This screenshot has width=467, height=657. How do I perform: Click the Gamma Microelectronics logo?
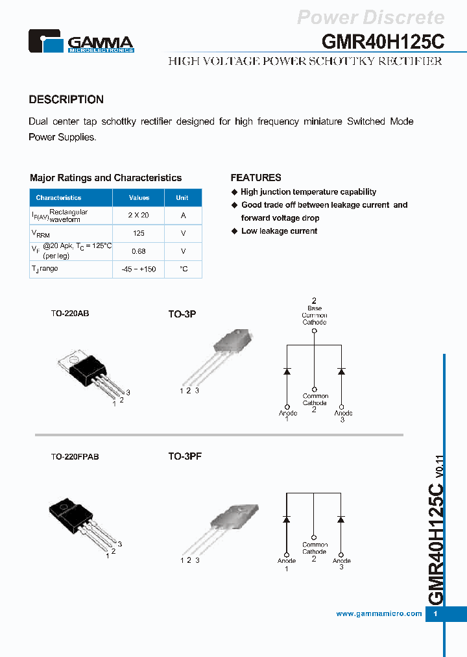[x=81, y=42]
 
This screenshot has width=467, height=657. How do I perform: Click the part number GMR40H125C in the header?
[x=383, y=41]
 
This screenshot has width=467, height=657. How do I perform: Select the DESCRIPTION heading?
[x=66, y=99]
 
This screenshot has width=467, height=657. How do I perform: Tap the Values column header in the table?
[x=139, y=197]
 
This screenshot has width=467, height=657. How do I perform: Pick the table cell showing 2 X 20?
[x=139, y=215]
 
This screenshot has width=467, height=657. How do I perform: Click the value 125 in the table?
[x=139, y=233]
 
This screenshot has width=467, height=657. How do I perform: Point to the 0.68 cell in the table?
[x=139, y=251]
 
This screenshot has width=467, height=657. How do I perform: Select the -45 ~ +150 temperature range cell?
[x=139, y=269]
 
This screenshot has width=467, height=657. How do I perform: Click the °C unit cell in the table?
[x=184, y=269]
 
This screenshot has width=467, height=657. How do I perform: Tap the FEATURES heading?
[x=256, y=177]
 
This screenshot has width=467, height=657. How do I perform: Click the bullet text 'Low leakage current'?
[x=279, y=231]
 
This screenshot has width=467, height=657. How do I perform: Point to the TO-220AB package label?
[x=70, y=313]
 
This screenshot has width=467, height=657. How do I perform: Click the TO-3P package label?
[x=182, y=314]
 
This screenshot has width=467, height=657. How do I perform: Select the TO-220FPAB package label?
[x=75, y=457]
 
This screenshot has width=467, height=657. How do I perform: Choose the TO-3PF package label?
[x=185, y=456]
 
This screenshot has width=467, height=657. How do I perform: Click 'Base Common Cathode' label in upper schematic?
[x=314, y=315]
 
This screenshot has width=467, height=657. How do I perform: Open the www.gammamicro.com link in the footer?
[x=379, y=614]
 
